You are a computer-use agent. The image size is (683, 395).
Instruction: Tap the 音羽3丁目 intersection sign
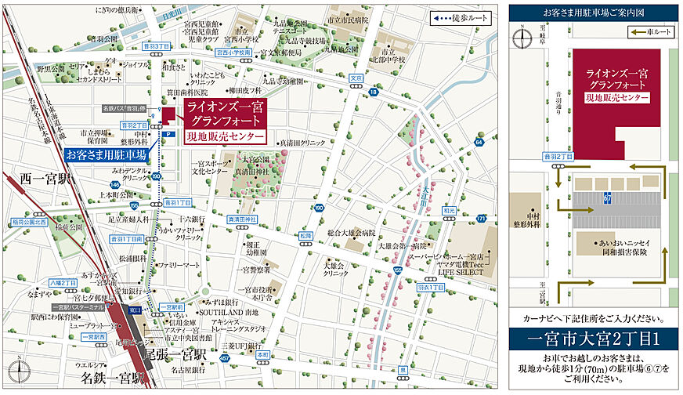tap(153, 47)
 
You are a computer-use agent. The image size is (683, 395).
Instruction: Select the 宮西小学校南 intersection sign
tap(233, 53)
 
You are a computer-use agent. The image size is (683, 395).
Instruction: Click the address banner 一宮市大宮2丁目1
tap(594, 341)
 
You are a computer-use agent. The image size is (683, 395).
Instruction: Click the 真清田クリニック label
tap(302, 143)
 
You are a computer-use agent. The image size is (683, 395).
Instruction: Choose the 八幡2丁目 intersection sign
tap(63, 280)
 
